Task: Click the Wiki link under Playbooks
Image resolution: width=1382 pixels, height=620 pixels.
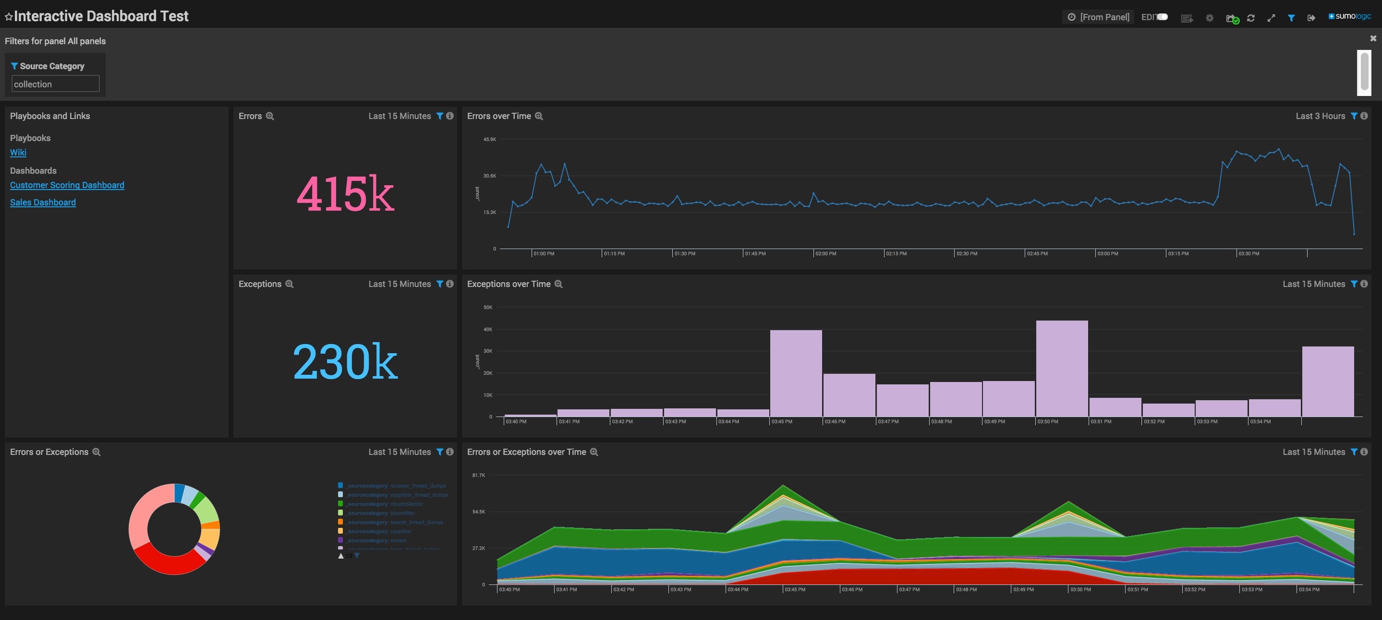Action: (18, 152)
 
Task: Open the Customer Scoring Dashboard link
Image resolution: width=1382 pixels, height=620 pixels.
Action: (67, 185)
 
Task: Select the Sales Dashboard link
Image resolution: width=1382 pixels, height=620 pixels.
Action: (43, 202)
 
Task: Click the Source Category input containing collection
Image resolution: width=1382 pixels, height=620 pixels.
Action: (55, 83)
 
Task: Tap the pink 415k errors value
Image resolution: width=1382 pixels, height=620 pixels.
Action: (345, 193)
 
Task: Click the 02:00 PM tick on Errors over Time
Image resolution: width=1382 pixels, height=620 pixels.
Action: (825, 253)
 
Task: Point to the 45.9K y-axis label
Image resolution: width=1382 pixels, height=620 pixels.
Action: (489, 140)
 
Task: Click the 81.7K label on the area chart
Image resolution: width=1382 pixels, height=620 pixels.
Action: (479, 475)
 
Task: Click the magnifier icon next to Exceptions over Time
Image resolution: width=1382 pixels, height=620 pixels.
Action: (558, 284)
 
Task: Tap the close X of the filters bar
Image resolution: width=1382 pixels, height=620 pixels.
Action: (1373, 38)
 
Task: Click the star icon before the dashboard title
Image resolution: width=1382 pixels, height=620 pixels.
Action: (9, 17)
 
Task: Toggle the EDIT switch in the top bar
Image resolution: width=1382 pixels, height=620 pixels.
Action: (1162, 17)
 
